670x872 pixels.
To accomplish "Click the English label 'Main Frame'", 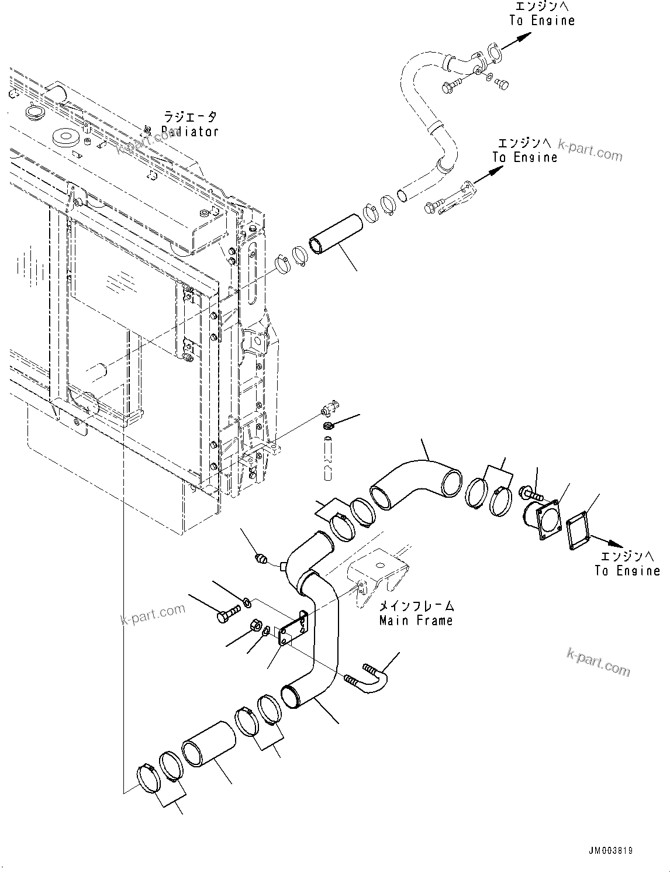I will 416,621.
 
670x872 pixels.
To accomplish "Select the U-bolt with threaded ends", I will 371,679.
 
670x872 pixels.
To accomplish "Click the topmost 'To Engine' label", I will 542,20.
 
